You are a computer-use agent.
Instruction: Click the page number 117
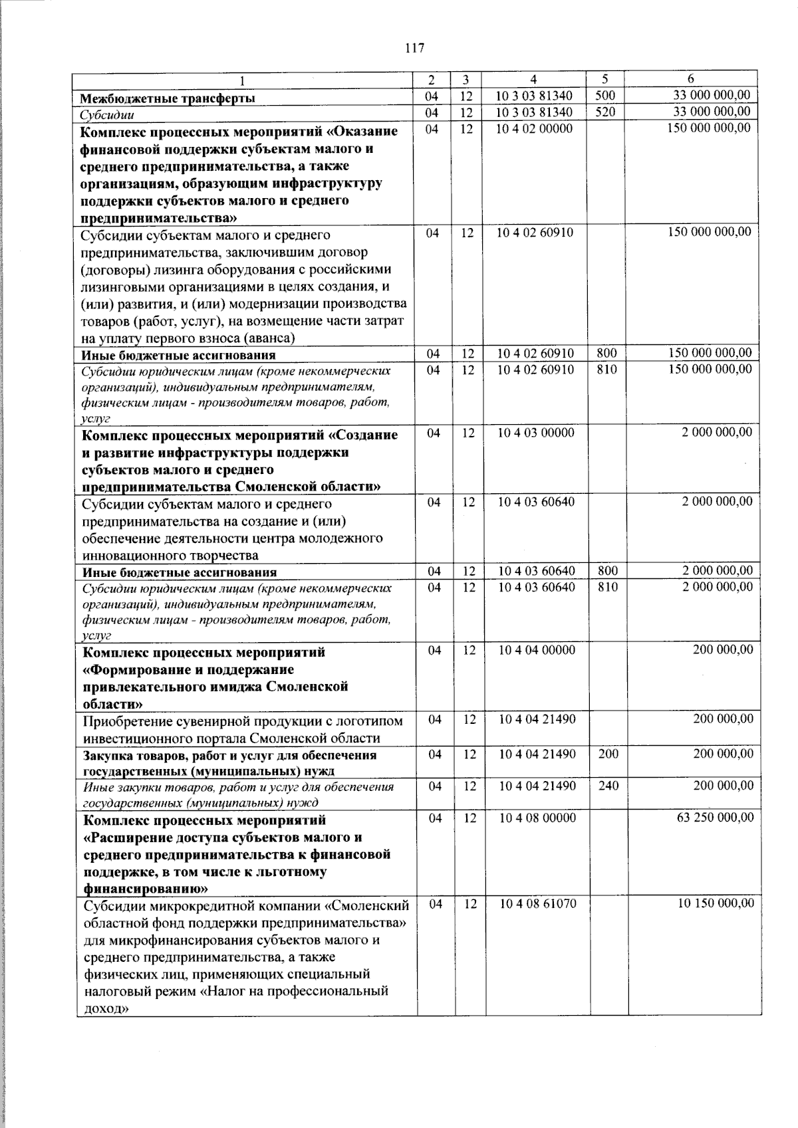coord(413,48)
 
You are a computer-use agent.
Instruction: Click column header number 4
coord(535,79)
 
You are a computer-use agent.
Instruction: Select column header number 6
coord(691,79)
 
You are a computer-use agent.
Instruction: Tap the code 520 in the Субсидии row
coord(605,112)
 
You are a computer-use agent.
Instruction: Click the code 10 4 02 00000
coord(534,128)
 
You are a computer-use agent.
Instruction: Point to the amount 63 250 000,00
coord(715,818)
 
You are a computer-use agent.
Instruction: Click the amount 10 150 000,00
coord(716,903)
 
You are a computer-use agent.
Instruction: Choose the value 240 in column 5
coord(608,786)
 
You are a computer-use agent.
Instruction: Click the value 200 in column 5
coord(608,754)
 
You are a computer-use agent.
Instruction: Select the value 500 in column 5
coord(605,96)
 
